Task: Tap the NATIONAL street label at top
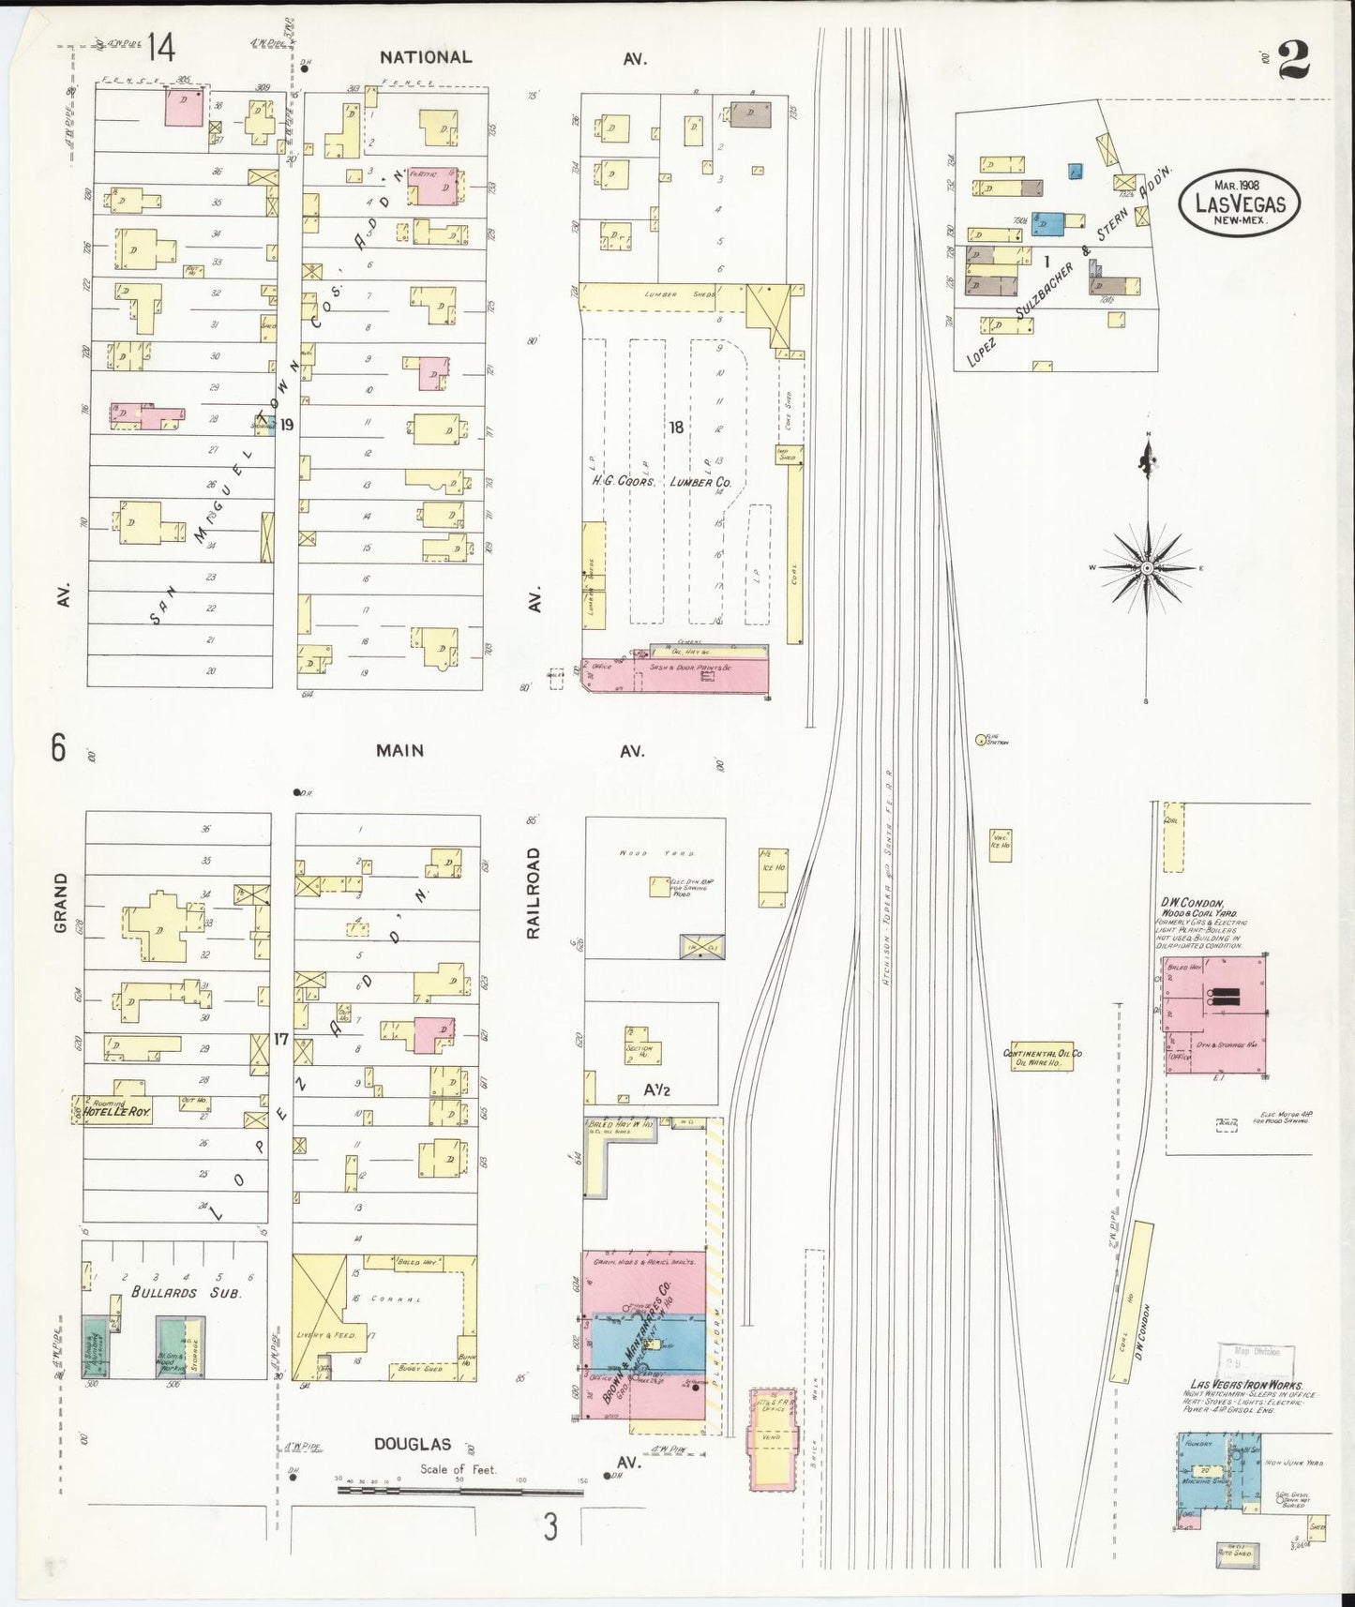pyautogui.click(x=425, y=57)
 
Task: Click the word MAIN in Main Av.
pyautogui.click(x=399, y=750)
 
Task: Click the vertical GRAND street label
pyautogui.click(x=60, y=902)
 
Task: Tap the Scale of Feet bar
pyautogui.click(x=459, y=1490)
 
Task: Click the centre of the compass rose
pyautogui.click(x=1146, y=569)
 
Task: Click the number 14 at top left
pyautogui.click(x=159, y=47)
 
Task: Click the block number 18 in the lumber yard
pyautogui.click(x=674, y=428)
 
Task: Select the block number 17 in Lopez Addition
pyautogui.click(x=279, y=1038)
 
